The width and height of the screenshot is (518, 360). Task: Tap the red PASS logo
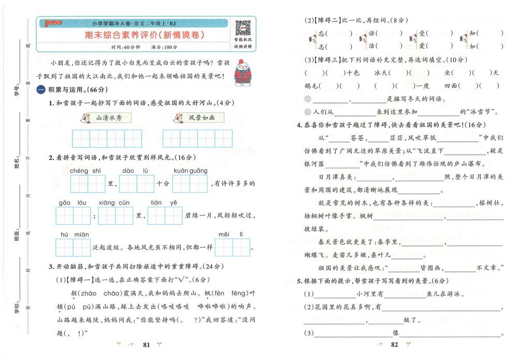click(53, 23)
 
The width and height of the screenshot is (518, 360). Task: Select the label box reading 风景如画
click(196, 118)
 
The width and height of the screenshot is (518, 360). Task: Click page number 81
click(146, 344)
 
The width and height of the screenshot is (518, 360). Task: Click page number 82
click(395, 344)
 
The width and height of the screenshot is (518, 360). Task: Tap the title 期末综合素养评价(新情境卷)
click(144, 35)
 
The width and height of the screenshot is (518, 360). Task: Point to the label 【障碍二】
click(324, 20)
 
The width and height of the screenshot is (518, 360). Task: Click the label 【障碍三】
click(324, 60)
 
